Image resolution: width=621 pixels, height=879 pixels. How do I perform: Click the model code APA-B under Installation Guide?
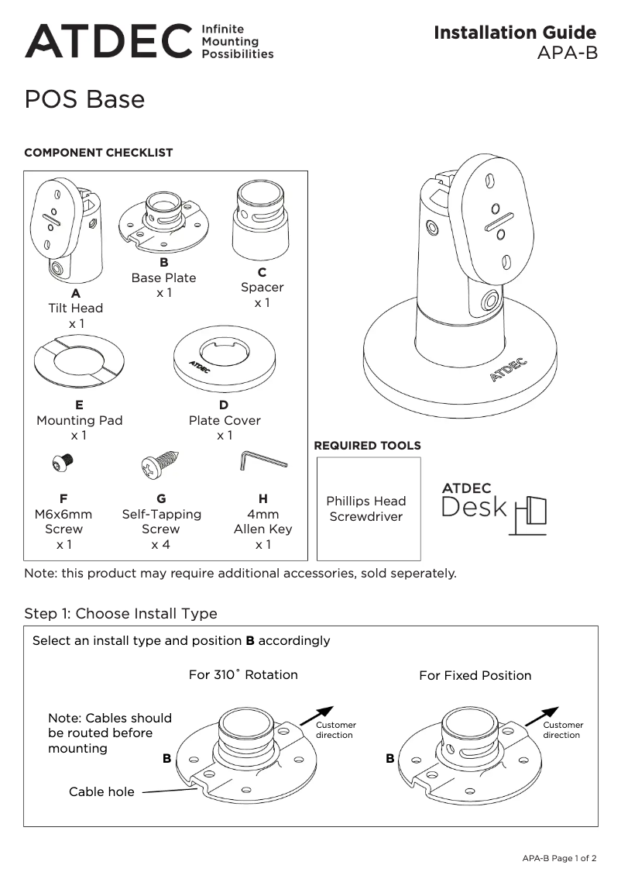567,54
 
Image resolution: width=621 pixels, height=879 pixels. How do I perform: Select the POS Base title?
84,100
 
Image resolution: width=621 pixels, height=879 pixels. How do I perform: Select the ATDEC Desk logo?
494,508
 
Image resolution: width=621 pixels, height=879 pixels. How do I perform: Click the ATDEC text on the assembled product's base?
508,370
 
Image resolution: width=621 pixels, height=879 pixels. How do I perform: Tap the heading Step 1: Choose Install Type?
121,614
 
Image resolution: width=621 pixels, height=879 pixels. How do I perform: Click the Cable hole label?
101,792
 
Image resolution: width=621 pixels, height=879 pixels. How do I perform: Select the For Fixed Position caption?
475,676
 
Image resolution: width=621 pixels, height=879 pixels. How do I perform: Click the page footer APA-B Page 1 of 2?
559,858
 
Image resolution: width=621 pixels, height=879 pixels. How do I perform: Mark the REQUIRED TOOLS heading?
367,446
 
